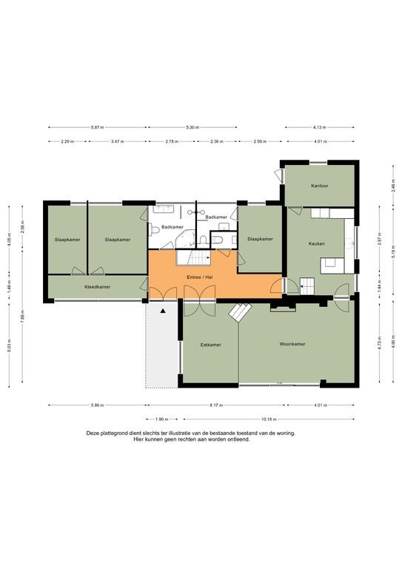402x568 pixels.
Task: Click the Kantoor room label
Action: [x=319, y=186]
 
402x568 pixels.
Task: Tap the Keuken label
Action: [x=316, y=244]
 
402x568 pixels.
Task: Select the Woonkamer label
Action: [x=292, y=344]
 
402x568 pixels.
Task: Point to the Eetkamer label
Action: [x=210, y=345]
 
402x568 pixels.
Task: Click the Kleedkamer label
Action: [x=97, y=287]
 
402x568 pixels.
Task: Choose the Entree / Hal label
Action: [x=200, y=277]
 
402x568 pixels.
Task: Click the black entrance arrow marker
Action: [x=163, y=311]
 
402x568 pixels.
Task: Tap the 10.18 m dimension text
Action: [x=269, y=419]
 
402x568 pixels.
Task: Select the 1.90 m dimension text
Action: [x=161, y=419]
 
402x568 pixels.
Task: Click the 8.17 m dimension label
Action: [x=217, y=405]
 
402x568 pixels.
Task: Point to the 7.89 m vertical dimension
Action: [x=22, y=315]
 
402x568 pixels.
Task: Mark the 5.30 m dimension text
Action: [x=192, y=127]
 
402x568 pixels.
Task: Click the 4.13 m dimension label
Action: [x=319, y=127]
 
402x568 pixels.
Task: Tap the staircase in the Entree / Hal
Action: [x=193, y=257]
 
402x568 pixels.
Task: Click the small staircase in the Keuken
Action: [x=307, y=286]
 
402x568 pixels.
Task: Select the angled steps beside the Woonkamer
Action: [x=240, y=312]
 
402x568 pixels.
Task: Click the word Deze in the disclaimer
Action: [x=92, y=433]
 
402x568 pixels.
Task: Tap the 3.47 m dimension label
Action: [x=117, y=142]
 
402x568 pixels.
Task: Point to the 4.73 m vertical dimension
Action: [x=380, y=342]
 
